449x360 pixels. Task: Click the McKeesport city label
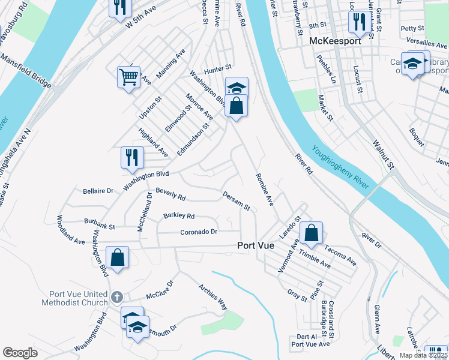pos(336,41)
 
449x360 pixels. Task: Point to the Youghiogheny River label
pos(339,170)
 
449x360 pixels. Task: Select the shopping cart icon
pos(129,77)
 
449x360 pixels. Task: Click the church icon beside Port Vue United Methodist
pos(117,296)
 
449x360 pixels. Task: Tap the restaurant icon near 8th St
pos(360,22)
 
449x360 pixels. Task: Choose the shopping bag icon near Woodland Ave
pos(118,257)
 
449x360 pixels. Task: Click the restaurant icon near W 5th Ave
pos(120,6)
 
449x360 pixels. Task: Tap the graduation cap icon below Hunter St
pos(237,88)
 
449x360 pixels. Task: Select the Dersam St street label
pos(236,201)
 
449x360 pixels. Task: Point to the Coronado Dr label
pos(199,232)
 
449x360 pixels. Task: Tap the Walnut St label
pos(382,154)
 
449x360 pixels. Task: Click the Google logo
pos(20,352)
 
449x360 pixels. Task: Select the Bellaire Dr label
pos(97,191)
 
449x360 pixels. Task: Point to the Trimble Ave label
pos(314,260)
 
